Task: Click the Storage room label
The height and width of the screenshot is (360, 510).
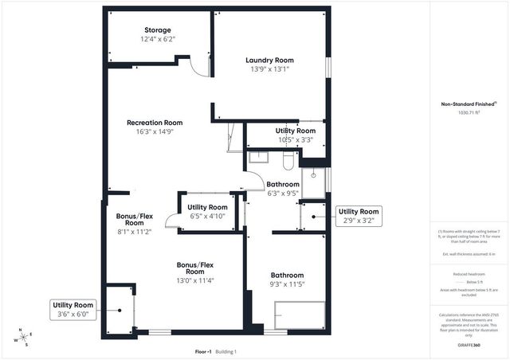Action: (x=156, y=30)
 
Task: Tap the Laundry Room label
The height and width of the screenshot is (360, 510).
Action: (x=269, y=60)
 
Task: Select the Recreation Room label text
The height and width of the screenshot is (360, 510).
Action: (x=155, y=123)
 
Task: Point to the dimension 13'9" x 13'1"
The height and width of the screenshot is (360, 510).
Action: (x=269, y=69)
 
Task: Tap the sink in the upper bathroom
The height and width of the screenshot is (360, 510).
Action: (x=258, y=157)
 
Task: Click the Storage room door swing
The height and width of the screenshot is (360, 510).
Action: (x=199, y=67)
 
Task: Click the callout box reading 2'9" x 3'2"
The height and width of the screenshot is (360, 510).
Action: (x=359, y=215)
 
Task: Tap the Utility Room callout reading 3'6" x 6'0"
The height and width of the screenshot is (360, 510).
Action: (x=73, y=309)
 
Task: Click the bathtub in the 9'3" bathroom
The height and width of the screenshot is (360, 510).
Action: (x=300, y=315)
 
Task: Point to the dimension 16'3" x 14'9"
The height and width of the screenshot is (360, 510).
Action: (x=155, y=132)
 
